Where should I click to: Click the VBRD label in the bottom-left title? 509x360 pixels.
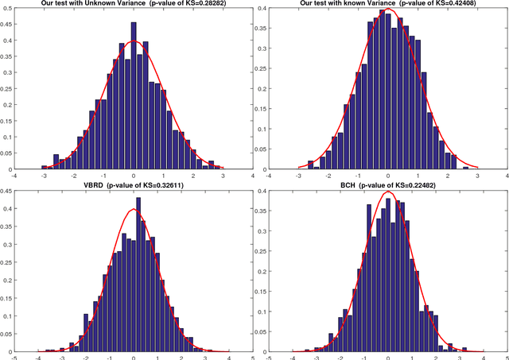point(81,184)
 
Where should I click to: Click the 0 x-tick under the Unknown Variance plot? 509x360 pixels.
point(134,175)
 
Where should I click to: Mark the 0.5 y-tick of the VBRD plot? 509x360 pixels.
point(8,191)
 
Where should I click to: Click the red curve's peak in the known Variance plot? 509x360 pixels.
point(388,10)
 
